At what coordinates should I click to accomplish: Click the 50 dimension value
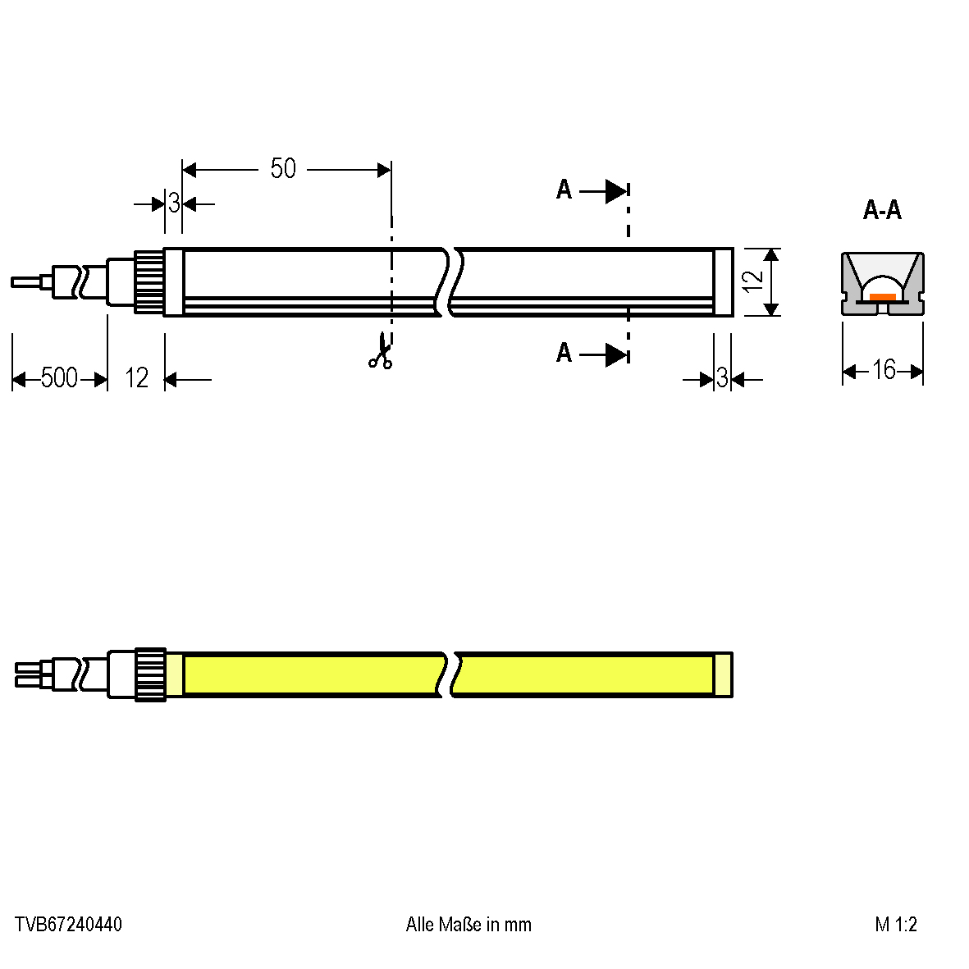(283, 168)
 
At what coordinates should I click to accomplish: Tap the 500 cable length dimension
(59, 377)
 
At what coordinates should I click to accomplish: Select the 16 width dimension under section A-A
(884, 370)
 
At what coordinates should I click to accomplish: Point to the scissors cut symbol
(381, 351)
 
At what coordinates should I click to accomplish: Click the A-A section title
(883, 211)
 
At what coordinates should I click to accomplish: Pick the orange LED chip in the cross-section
(883, 297)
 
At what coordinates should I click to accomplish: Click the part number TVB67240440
(68, 925)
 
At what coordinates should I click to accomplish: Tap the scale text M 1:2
(895, 925)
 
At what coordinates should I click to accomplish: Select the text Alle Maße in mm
(469, 925)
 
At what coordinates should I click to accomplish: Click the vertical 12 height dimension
(752, 281)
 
